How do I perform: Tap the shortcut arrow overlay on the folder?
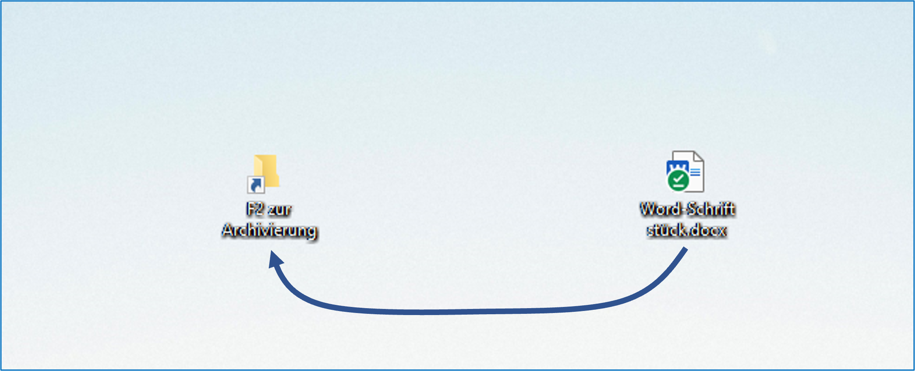256,185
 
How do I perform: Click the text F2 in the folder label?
255,209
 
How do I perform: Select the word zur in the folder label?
280,210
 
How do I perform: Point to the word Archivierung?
269,231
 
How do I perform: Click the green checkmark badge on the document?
678,180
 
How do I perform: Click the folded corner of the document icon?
698,157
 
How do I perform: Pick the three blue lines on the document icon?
695,173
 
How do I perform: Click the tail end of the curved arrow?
685,250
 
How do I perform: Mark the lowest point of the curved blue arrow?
422,313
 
